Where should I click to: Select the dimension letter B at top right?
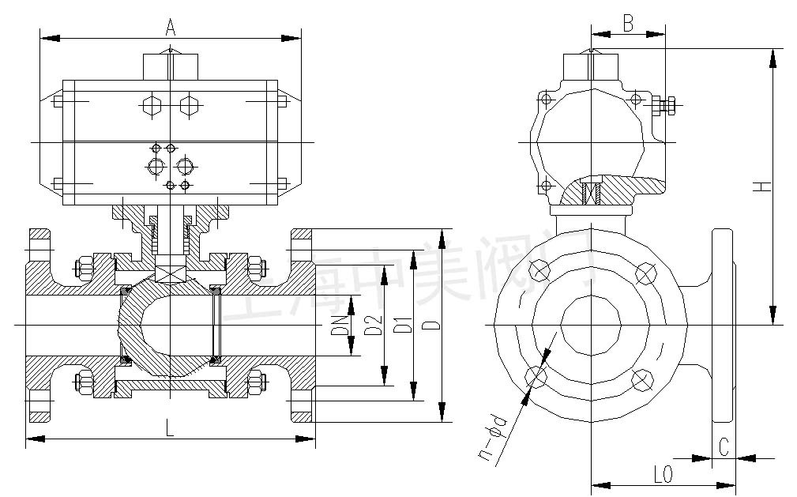(x=628, y=23)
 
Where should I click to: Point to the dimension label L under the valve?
(x=170, y=427)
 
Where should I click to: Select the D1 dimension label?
(x=404, y=325)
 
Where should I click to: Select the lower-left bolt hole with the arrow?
(x=537, y=375)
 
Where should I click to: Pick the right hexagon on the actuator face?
(x=188, y=105)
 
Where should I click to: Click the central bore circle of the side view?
(x=591, y=326)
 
